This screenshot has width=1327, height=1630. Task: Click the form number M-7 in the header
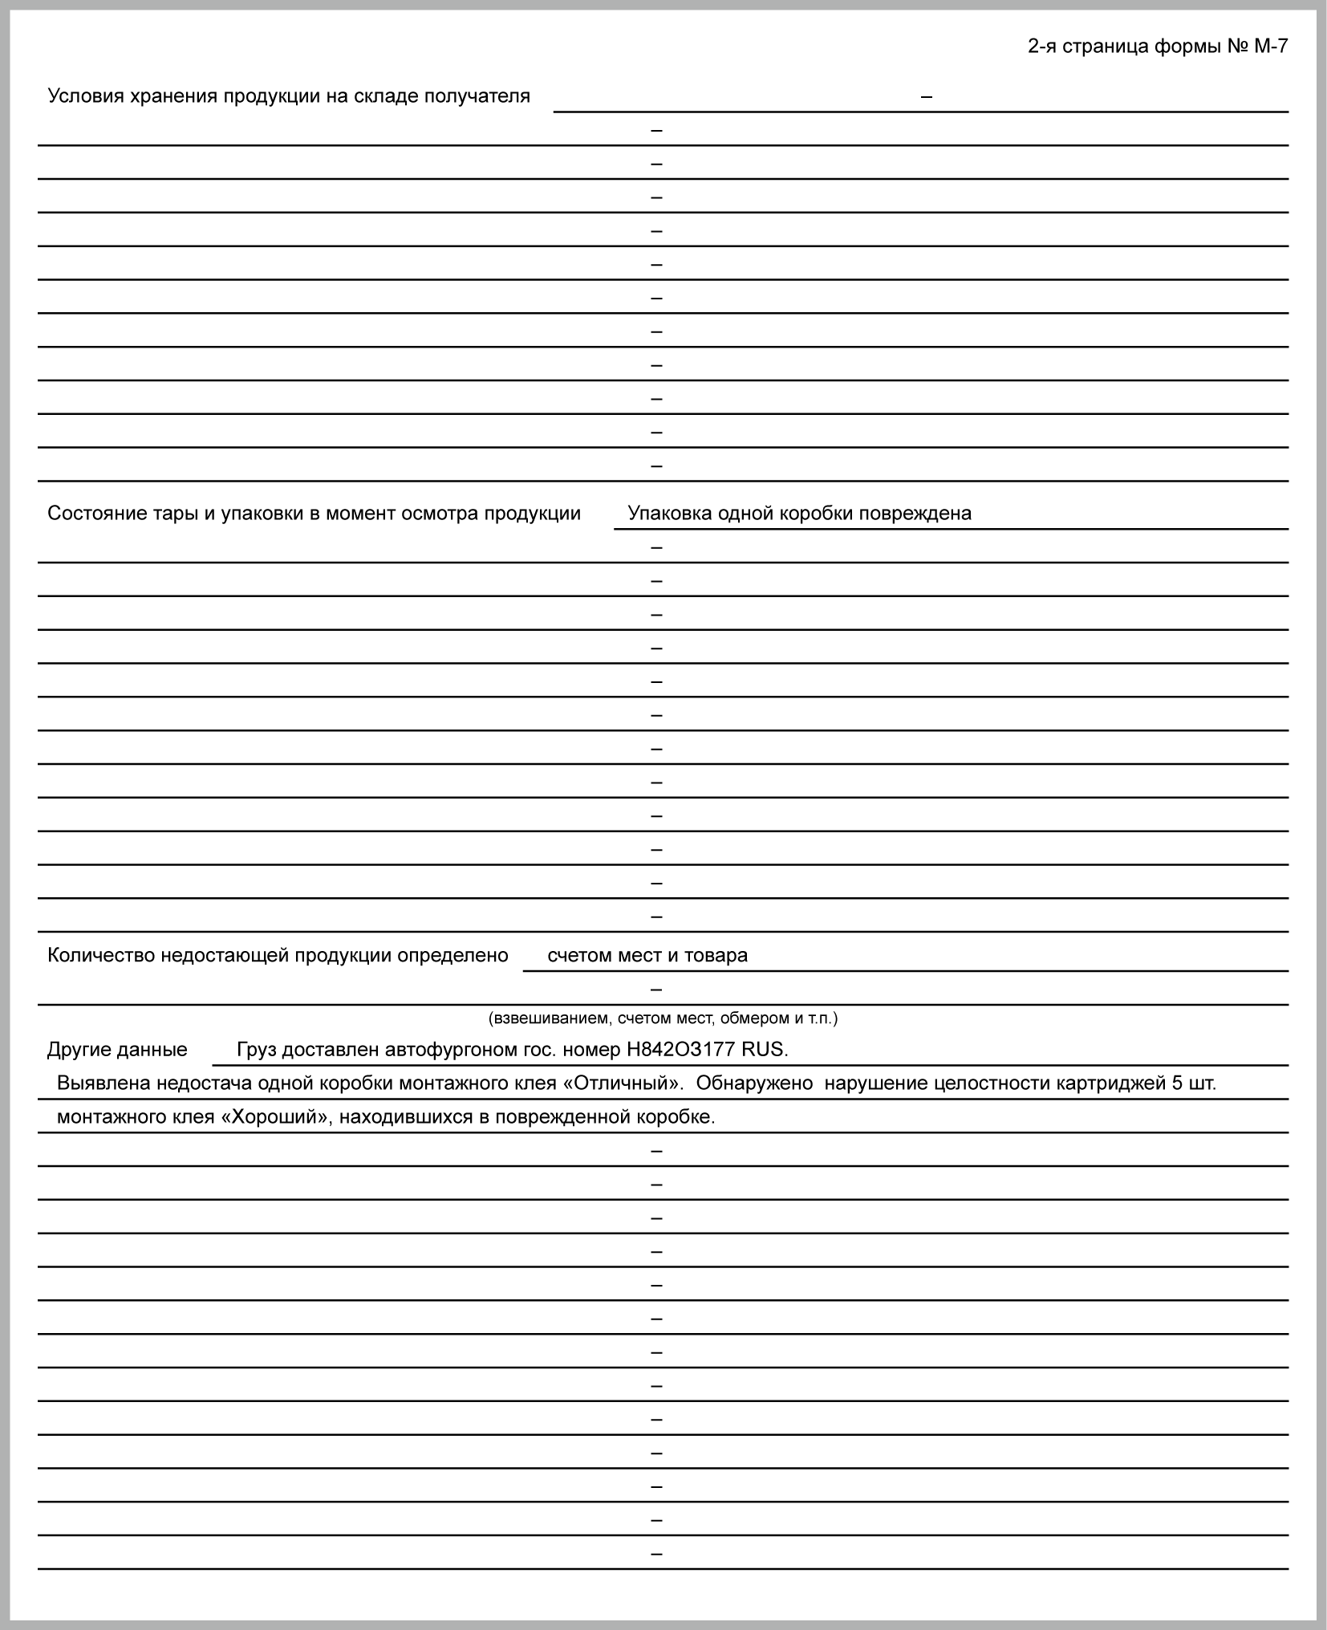1271,47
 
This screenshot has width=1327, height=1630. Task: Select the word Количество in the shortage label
101,956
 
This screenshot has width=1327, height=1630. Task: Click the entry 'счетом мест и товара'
647,956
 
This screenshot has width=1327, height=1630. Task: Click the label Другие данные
117,1050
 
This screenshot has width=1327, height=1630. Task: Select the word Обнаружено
754,1083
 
